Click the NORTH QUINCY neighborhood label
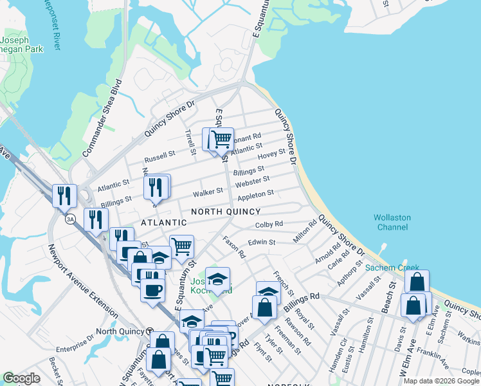coord(225,212)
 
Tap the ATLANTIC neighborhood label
coord(161,223)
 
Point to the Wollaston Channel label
coord(392,222)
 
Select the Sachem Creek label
coord(392,268)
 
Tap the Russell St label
coord(159,156)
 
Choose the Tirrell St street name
coord(191,142)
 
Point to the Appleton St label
coord(256,193)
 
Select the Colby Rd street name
coord(269,224)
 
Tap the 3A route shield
coord(70,219)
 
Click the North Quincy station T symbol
coord(150,331)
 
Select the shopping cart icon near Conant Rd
coord(221,138)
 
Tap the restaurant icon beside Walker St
coord(156,186)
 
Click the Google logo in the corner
coord(21,378)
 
